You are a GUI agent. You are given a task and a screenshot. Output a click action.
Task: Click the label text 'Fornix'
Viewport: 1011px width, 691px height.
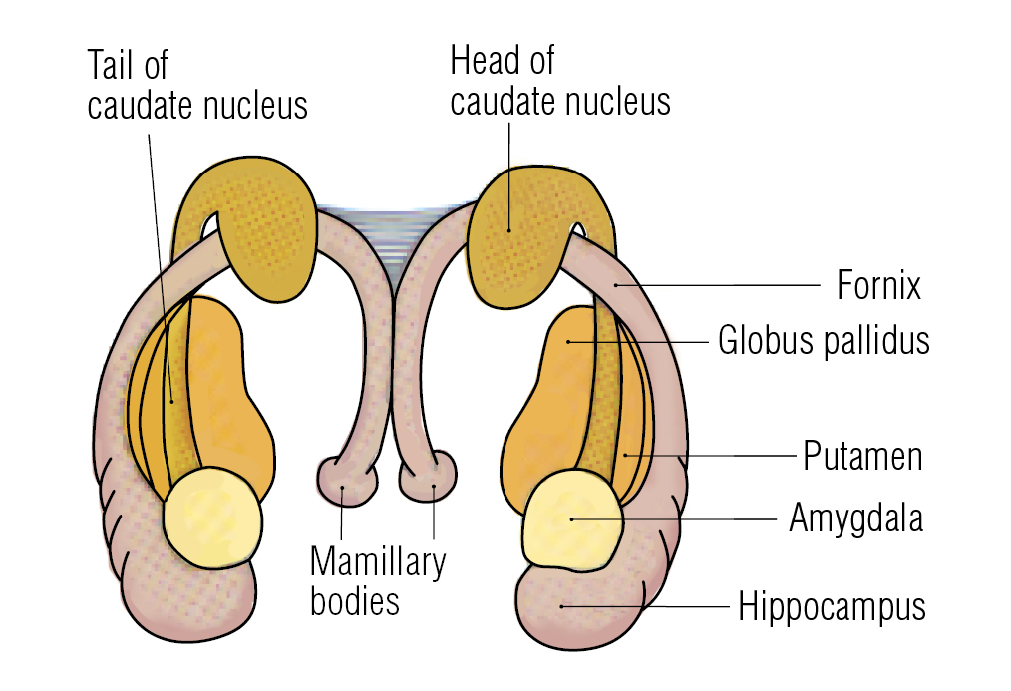click(877, 286)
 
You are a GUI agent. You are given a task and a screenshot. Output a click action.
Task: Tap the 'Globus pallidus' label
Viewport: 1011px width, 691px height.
click(824, 341)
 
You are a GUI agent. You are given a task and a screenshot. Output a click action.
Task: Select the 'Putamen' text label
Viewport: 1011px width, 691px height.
click(862, 457)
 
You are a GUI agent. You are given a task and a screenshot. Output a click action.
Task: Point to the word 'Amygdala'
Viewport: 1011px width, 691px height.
click(855, 518)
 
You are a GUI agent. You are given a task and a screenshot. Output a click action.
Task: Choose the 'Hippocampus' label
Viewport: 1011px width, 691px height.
click(832, 606)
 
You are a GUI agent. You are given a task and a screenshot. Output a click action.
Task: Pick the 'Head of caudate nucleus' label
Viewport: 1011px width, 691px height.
click(559, 81)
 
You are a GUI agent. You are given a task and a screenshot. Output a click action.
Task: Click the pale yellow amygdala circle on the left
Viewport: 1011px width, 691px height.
click(212, 518)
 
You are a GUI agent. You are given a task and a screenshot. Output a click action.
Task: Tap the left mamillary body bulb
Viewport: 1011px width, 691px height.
click(344, 482)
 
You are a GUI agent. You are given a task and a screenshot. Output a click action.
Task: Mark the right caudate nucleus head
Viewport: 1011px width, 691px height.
click(518, 234)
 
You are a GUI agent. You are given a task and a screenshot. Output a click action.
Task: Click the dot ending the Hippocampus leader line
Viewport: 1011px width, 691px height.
click(562, 605)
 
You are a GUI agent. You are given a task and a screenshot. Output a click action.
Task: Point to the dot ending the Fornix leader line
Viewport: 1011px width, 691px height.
click(617, 285)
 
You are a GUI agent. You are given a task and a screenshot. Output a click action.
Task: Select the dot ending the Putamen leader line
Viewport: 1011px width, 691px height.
click(626, 456)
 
